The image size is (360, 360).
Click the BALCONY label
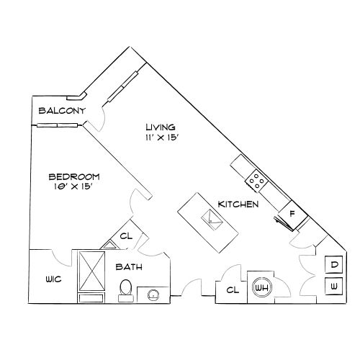click(63, 112)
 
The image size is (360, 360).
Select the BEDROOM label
click(74, 176)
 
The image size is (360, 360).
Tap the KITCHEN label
click(238, 204)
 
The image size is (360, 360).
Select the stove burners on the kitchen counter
click(256, 177)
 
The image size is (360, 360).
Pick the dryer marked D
click(334, 265)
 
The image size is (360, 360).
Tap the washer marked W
click(334, 287)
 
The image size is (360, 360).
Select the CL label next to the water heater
click(233, 290)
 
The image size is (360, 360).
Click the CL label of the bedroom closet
click(125, 235)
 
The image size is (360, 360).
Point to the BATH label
click(129, 267)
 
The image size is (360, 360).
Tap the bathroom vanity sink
click(153, 293)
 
